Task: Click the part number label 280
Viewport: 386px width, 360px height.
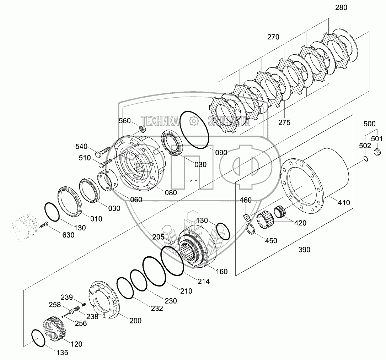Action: click(x=341, y=7)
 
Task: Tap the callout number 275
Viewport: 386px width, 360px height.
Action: click(x=284, y=122)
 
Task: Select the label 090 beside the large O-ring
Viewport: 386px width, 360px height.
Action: click(x=221, y=153)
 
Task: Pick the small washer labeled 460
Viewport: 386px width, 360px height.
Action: click(x=246, y=217)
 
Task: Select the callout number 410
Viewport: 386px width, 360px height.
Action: click(x=344, y=203)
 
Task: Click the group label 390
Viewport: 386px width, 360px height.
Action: click(x=304, y=250)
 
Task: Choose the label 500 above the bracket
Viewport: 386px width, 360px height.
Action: click(x=369, y=124)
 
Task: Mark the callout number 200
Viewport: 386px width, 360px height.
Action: click(x=135, y=321)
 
